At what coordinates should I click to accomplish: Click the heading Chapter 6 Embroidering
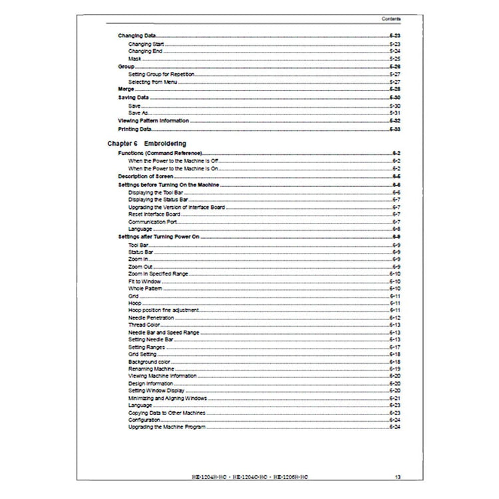pos(146,143)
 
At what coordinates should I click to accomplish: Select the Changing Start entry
pos(146,44)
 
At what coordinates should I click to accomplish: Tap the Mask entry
pos(135,59)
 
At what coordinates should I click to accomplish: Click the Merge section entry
pos(126,88)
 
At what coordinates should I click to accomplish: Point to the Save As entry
pos(138,113)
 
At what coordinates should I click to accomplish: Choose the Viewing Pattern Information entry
pos(154,120)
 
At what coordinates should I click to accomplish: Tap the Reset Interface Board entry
pos(154,214)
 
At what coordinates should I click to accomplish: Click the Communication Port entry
pos(152,222)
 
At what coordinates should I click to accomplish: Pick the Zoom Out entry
pos(140,266)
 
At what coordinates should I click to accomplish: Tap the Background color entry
pos(149,361)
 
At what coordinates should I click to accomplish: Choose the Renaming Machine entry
pos(151,369)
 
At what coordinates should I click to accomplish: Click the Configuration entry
pos(144,420)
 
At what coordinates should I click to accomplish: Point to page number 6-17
pos(394,347)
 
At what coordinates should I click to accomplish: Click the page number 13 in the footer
pos(397,476)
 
